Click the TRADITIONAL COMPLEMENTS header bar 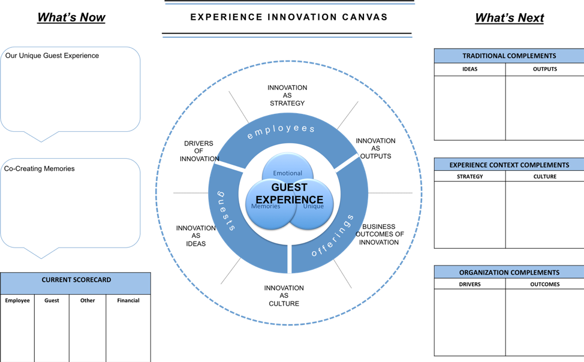click(x=508, y=56)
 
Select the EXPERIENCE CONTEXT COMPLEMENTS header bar click(x=508, y=165)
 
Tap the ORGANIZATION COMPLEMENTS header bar click(x=508, y=272)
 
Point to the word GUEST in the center click(x=289, y=188)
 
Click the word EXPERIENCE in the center click(x=289, y=200)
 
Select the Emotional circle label click(x=287, y=173)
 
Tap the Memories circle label click(x=265, y=206)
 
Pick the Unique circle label click(x=313, y=206)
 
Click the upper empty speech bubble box click(x=70, y=89)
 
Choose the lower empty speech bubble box click(x=70, y=203)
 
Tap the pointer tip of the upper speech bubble click(x=41, y=141)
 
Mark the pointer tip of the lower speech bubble click(x=41, y=258)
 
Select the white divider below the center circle click(x=290, y=259)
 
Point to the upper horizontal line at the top click(x=290, y=4)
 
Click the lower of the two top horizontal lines click(x=287, y=37)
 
